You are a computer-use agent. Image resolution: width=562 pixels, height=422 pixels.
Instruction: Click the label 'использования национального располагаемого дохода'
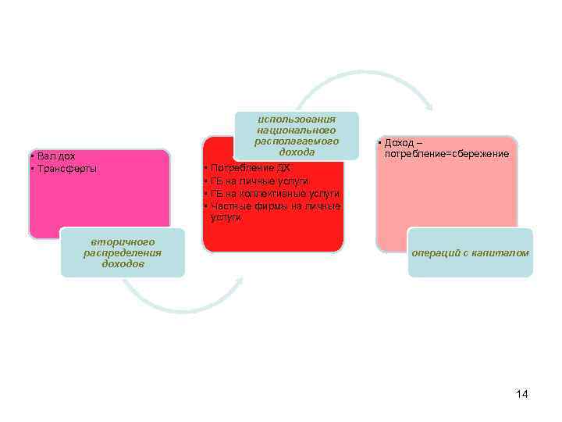297,135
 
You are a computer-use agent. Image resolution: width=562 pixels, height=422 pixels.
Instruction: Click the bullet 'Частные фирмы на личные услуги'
272,211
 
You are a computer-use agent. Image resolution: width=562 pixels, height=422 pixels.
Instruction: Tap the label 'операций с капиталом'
470,253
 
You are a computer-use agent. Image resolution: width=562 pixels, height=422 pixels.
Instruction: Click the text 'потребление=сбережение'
446,154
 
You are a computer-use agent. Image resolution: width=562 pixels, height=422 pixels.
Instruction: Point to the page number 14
522,394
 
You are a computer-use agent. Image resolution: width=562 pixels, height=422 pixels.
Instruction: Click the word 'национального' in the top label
297,130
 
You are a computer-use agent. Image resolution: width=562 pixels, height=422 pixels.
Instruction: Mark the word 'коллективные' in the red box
276,193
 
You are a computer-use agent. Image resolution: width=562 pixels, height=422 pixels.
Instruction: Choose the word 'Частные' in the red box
228,206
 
